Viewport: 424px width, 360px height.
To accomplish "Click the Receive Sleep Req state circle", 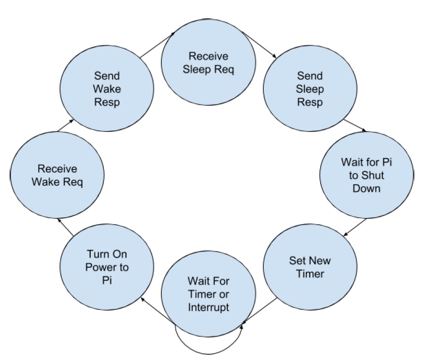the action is (x=209, y=62).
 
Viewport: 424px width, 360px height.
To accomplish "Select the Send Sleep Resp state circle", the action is (x=310, y=88).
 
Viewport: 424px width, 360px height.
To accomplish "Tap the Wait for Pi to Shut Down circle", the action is (x=367, y=175).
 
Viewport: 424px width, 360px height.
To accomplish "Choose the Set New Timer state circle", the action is (x=310, y=267).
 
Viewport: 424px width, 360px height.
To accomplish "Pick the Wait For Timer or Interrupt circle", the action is (x=209, y=294).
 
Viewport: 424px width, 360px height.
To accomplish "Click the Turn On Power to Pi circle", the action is (x=107, y=267).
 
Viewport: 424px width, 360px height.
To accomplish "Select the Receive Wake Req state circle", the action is (x=57, y=175).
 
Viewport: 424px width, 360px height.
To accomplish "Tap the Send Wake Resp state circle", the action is (x=107, y=88).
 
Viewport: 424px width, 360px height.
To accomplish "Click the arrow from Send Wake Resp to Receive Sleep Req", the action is (x=157, y=44).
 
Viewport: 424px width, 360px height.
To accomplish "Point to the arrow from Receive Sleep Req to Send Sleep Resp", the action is (x=259, y=44).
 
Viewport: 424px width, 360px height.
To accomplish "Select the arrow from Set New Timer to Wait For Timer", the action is (x=260, y=311).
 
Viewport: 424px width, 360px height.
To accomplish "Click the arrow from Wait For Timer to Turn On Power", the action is (x=157, y=310).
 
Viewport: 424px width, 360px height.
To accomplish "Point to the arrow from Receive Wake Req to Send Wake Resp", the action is (x=66, y=125).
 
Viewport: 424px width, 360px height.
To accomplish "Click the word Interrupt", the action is (x=209, y=307).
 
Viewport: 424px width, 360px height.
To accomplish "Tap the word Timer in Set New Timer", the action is (x=310, y=274).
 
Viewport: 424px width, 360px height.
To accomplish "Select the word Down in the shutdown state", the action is (x=367, y=188).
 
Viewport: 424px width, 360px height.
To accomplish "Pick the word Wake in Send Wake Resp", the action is (x=107, y=89).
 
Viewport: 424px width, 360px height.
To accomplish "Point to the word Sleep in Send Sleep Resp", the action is (x=310, y=89).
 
